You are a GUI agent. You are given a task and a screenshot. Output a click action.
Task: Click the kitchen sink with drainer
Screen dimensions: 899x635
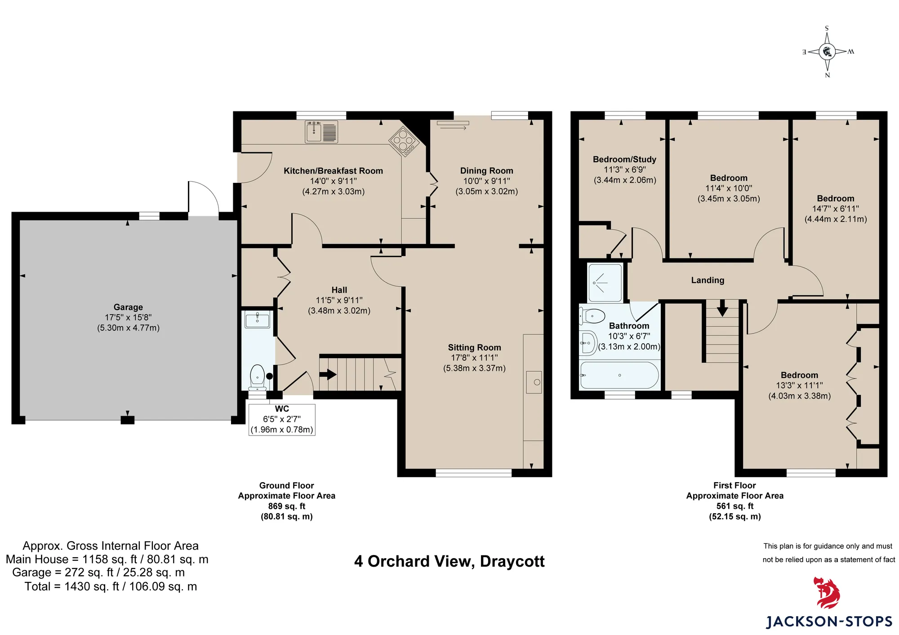(x=321, y=132)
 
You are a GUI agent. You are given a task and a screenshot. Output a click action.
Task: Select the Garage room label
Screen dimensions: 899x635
(x=128, y=307)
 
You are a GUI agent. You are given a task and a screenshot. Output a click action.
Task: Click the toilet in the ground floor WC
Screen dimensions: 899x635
(x=257, y=377)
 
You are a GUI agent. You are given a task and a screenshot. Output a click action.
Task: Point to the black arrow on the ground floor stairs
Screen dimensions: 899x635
(x=328, y=374)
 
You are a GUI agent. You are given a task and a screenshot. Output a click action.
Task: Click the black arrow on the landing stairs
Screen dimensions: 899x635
(x=722, y=308)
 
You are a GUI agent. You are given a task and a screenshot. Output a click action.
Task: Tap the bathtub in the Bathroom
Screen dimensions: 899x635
(x=619, y=375)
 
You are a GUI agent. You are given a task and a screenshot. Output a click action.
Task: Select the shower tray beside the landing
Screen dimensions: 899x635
(x=605, y=283)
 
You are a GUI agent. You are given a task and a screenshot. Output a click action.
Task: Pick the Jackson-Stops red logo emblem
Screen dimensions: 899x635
(x=826, y=593)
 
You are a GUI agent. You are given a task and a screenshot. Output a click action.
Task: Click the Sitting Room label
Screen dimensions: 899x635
(x=474, y=347)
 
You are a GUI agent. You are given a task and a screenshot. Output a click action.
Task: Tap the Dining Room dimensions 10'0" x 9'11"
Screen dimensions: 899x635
(x=487, y=181)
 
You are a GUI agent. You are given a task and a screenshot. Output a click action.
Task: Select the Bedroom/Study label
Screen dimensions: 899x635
(x=624, y=160)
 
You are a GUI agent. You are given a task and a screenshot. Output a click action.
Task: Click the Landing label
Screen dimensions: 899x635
(x=708, y=280)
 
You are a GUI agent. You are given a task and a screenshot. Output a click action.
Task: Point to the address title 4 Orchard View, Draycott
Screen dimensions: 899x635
(x=449, y=562)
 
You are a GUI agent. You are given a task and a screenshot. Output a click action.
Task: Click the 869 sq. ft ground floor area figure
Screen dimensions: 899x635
(x=287, y=506)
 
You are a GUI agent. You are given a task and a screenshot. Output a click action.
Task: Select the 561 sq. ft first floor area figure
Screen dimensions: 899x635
(x=735, y=506)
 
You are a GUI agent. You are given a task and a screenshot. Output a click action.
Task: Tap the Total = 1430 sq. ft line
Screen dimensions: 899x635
(x=111, y=586)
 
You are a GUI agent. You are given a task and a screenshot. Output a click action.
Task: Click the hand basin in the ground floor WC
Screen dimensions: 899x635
(x=257, y=320)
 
